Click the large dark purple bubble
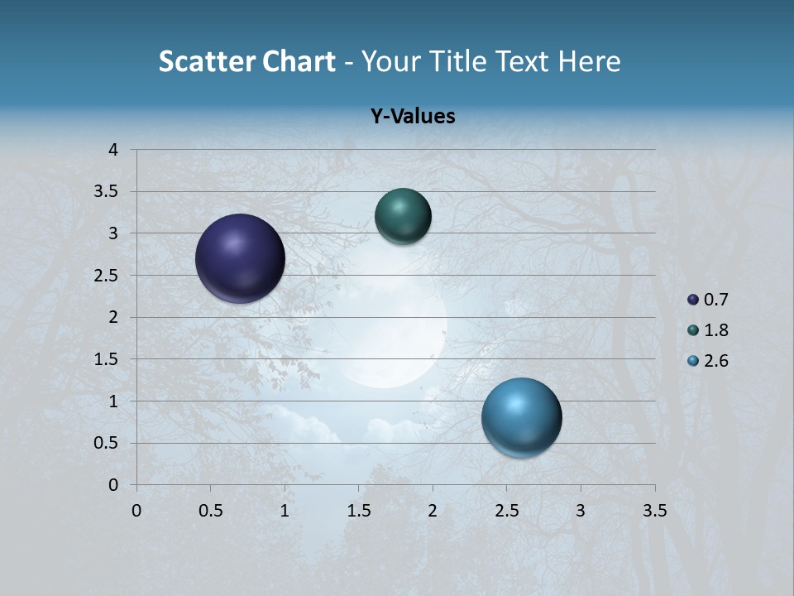pyautogui.click(x=240, y=258)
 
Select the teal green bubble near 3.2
pyautogui.click(x=403, y=217)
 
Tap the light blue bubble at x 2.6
pyautogui.click(x=521, y=417)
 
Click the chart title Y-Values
pyautogui.click(x=412, y=117)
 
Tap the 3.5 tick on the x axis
pyautogui.click(x=655, y=511)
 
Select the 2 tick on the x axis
pyautogui.click(x=433, y=511)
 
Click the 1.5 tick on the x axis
pyautogui.click(x=358, y=511)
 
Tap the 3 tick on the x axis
pyautogui.click(x=581, y=511)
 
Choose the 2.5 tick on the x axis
pyautogui.click(x=506, y=511)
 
